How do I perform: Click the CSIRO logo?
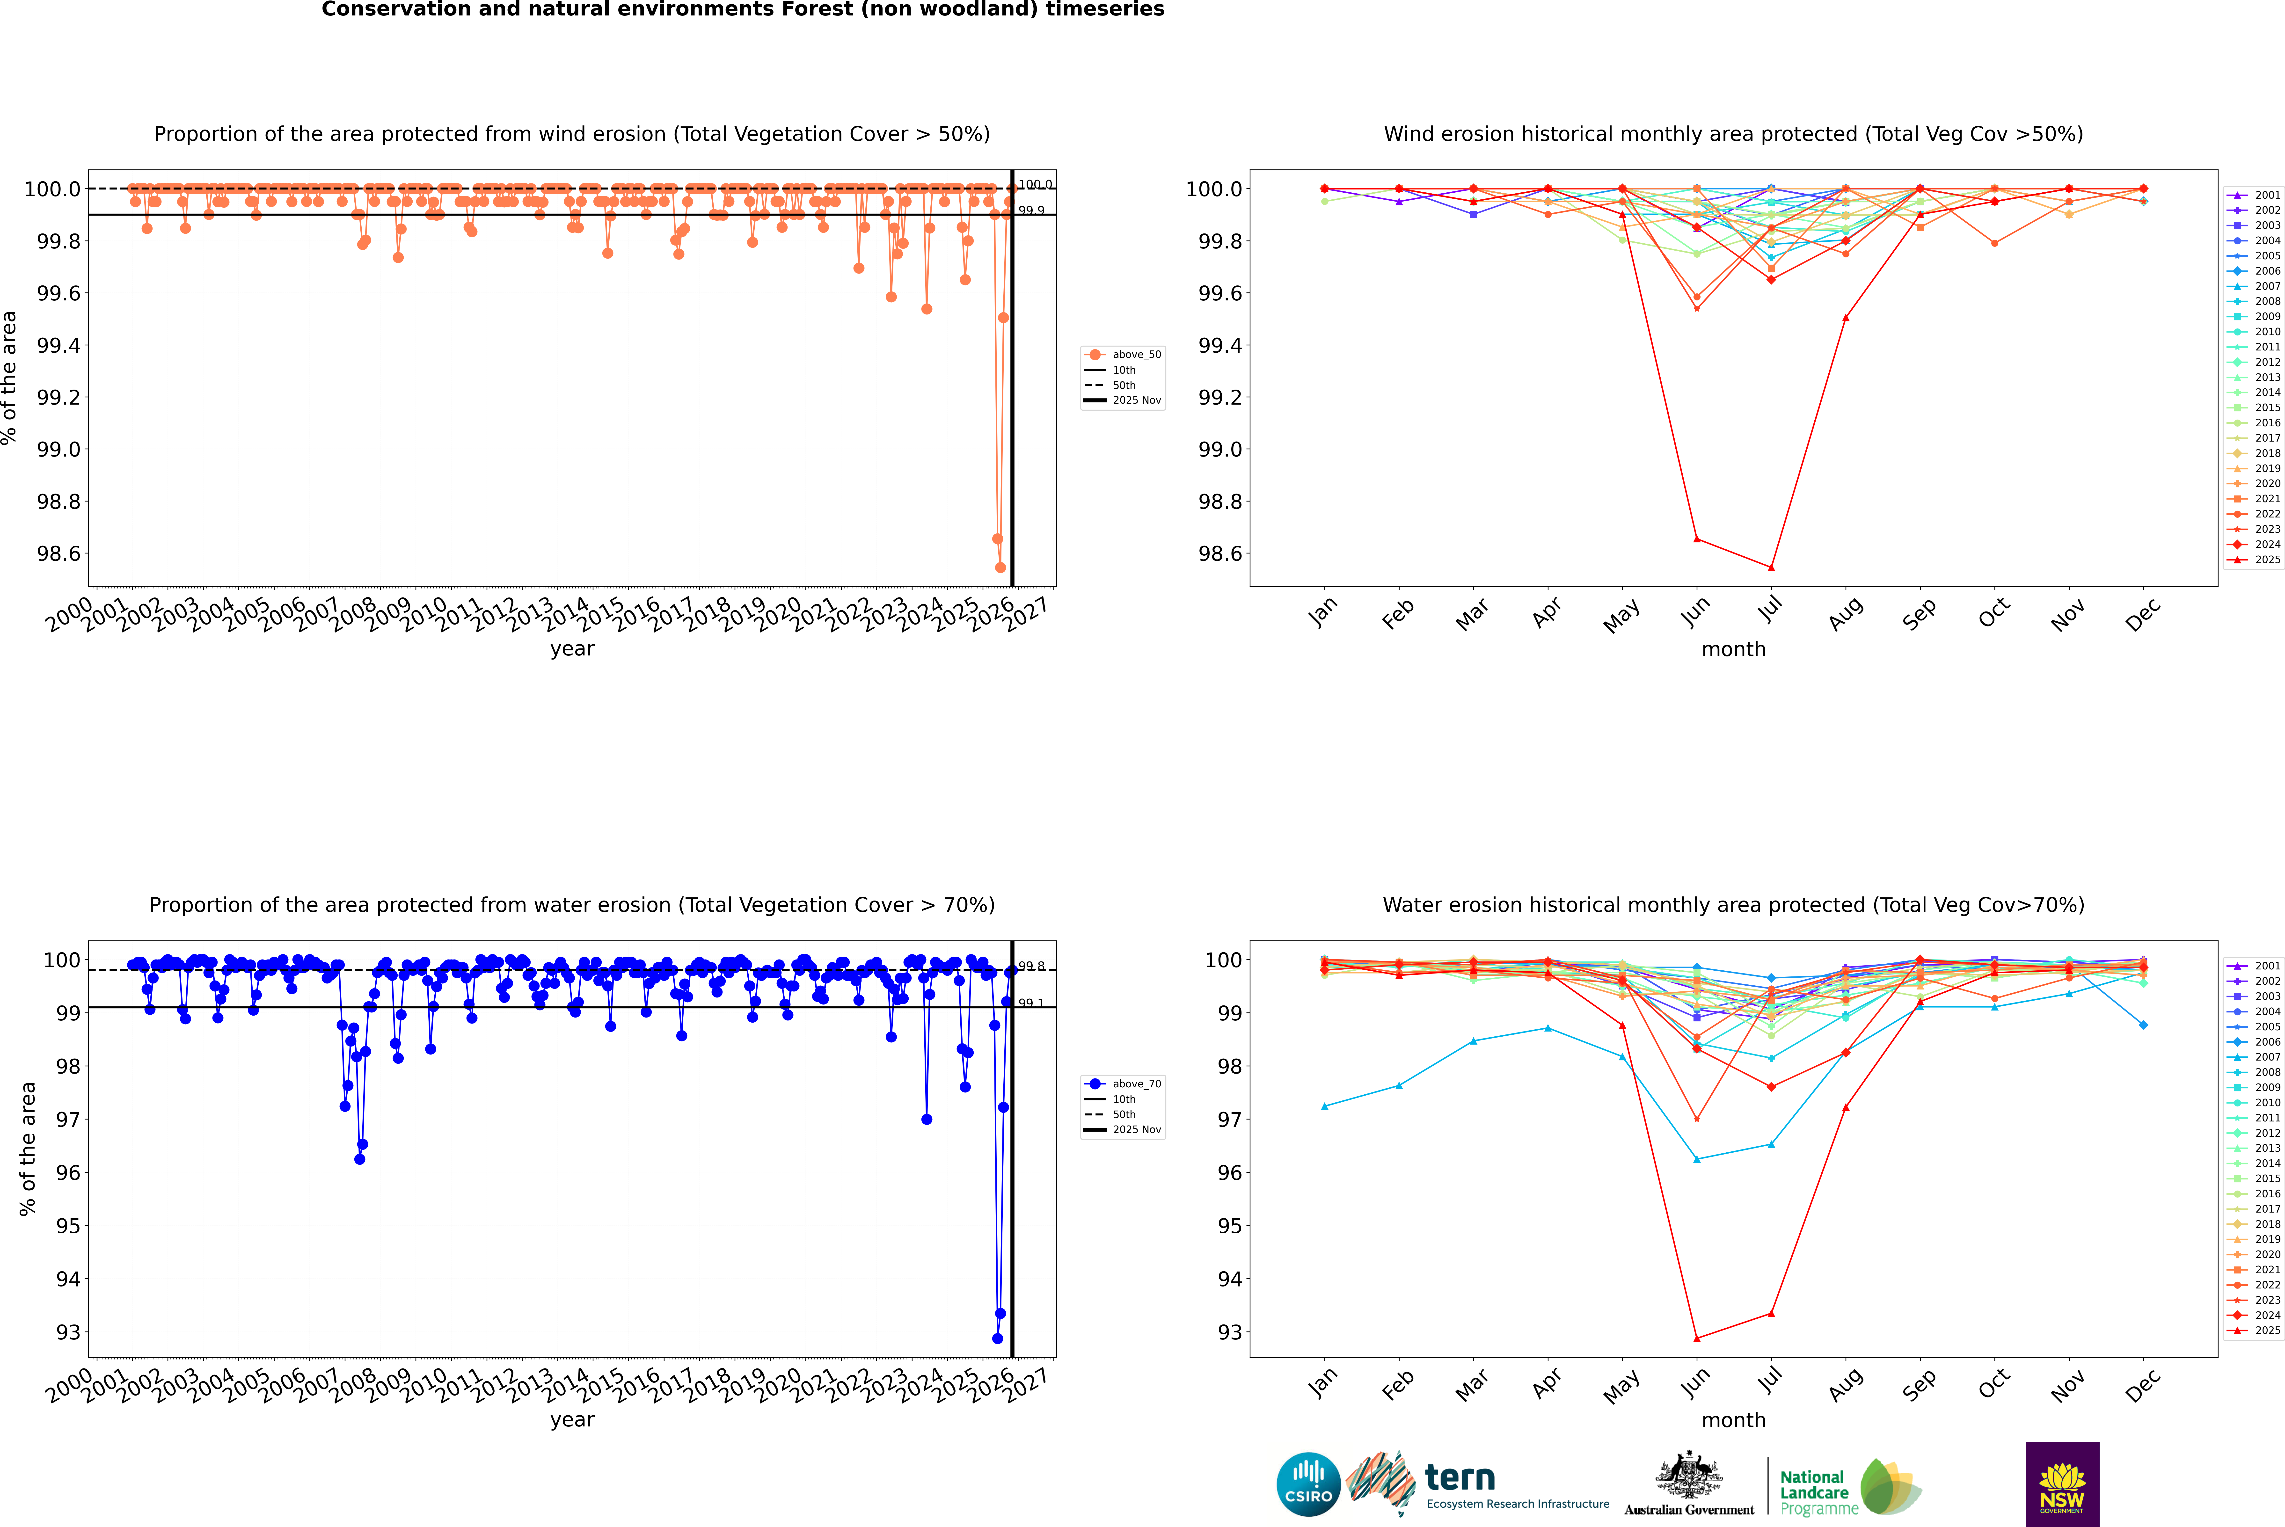1308,1484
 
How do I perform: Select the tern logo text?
1459,1478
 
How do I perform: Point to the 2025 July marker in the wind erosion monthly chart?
1771,568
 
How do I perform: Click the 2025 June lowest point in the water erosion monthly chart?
1697,1338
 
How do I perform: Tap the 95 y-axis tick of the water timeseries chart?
68,1226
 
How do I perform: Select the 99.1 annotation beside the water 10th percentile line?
1031,1003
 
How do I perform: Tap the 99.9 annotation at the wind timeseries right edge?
1031,210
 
